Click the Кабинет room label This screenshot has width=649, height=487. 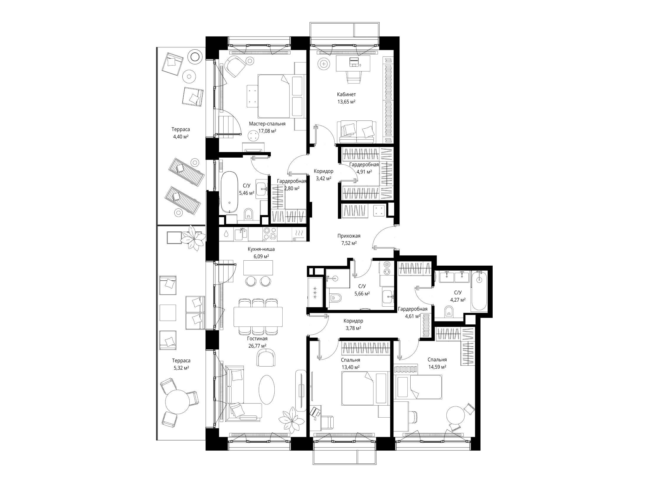346,94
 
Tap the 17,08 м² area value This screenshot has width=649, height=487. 267,131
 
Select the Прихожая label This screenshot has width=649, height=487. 349,236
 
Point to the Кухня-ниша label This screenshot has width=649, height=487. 261,249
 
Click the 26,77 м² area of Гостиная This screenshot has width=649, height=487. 258,346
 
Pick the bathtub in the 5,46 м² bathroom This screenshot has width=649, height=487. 229,192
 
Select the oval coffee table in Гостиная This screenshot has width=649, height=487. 267,390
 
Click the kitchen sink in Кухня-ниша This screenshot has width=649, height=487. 241,234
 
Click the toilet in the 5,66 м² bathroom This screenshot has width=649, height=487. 335,298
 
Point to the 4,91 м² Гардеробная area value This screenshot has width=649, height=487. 364,171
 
